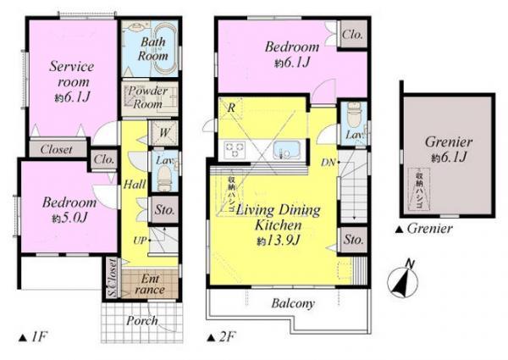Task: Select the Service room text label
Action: point(70,74)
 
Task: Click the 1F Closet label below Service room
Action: point(56,149)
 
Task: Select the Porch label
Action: point(142,321)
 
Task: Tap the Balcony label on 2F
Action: point(293,303)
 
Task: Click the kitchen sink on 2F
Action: point(288,150)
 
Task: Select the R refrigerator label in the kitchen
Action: point(231,107)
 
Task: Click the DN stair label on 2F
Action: point(329,161)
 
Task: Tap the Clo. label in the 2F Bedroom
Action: point(353,36)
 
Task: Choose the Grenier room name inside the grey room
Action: point(448,141)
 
